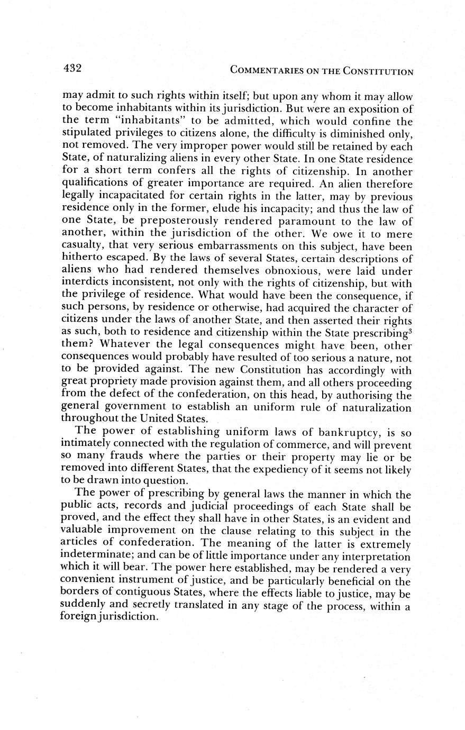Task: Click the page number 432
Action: click(71, 68)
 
